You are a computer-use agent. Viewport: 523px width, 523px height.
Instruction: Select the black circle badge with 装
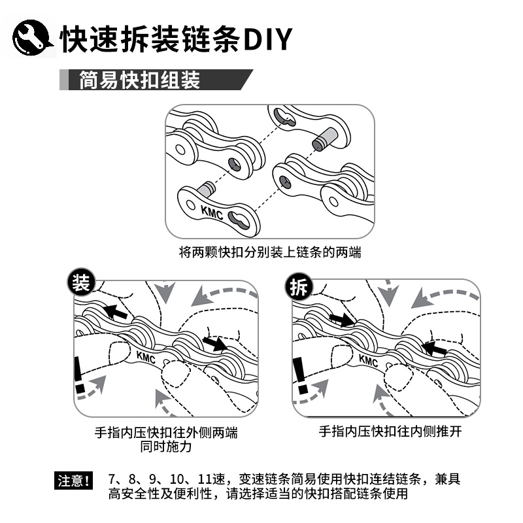coord(81,284)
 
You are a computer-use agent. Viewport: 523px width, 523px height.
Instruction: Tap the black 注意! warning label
coord(73,482)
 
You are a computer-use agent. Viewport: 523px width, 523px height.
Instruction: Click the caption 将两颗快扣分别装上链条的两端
coord(269,252)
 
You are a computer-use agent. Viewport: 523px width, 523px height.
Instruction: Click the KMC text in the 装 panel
coord(147,358)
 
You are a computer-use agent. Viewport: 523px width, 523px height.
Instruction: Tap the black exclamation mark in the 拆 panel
coord(300,379)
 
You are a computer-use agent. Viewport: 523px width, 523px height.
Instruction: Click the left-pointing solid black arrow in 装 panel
coord(116,312)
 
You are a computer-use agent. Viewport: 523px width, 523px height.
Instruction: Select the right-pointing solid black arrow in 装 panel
coord(215,342)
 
